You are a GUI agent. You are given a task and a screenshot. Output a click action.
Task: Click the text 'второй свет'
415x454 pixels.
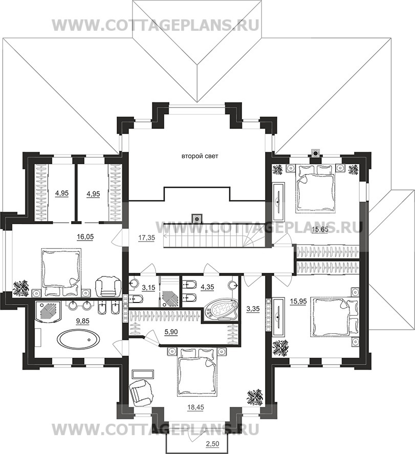200,156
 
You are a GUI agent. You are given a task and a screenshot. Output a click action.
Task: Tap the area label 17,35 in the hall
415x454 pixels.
146,237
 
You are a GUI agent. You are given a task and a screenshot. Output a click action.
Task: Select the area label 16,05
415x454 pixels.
85,236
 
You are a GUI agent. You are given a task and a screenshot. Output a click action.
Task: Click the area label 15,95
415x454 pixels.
298,301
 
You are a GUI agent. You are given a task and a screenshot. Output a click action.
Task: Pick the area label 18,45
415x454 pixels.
195,407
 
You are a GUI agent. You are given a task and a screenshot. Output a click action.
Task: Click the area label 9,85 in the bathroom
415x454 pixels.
82,321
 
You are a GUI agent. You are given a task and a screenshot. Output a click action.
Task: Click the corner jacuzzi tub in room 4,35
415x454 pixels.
221,311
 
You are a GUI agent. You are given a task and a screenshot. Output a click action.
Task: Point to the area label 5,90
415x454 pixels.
171,332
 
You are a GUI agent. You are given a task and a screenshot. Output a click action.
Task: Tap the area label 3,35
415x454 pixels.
253,309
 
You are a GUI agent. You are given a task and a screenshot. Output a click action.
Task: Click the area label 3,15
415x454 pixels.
149,288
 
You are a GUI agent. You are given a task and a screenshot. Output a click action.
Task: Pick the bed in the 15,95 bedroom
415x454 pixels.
334,318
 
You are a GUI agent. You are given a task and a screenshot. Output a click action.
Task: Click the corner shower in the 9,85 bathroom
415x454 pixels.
48,311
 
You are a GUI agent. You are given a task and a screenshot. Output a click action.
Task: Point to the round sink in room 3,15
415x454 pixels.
134,283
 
